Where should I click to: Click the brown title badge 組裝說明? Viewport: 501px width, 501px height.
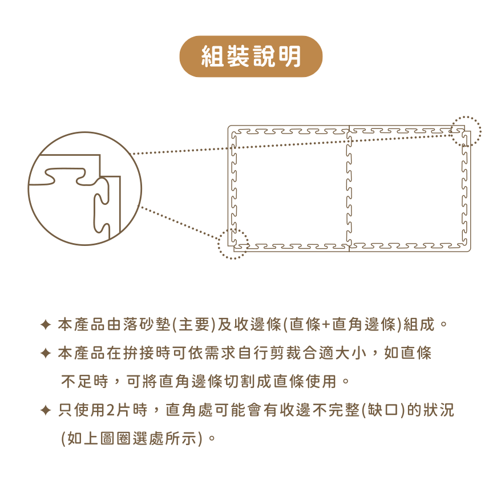(251, 56)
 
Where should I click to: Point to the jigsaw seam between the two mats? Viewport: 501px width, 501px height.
(349, 188)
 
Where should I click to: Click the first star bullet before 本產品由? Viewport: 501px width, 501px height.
(46, 325)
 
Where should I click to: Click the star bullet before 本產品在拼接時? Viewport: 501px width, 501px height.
(46, 353)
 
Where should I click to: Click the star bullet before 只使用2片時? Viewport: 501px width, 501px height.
(46, 410)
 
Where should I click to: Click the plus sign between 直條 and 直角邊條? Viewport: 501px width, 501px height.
(326, 325)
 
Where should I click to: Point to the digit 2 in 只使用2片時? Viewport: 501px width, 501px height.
(110, 410)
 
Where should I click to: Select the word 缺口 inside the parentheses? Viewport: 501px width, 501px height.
(382, 410)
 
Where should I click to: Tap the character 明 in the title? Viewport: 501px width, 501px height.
(289, 56)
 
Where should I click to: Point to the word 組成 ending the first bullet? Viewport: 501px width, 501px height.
(419, 325)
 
